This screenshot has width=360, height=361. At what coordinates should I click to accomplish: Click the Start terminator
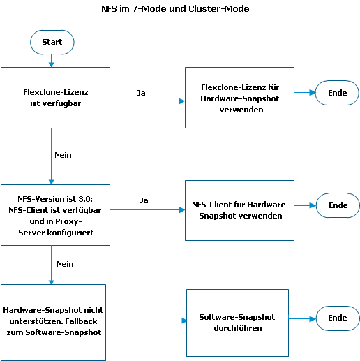52,42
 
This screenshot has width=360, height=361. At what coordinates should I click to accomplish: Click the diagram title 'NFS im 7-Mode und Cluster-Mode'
175,9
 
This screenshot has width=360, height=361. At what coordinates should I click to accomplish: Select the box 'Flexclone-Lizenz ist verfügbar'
55,98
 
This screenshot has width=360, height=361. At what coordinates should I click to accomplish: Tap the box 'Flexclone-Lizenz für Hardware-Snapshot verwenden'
239,98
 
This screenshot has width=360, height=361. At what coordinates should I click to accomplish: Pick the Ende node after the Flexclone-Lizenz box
337,93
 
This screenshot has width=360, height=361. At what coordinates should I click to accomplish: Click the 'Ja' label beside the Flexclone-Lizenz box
141,93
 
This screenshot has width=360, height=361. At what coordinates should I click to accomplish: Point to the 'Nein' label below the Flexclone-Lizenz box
63,155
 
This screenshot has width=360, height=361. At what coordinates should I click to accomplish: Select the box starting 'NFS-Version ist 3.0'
55,215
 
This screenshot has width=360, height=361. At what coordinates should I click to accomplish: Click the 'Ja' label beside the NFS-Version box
144,200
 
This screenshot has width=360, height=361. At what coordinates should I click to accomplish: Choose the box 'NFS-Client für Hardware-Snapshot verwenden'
239,210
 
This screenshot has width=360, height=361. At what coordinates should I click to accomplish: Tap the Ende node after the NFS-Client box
338,205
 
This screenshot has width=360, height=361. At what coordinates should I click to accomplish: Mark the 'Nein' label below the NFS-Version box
65,264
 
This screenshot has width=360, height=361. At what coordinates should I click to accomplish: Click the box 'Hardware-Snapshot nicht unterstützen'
53,323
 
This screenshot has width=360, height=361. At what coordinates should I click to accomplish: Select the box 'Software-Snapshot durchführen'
237,323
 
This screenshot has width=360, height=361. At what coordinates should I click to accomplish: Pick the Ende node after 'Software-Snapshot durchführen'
338,318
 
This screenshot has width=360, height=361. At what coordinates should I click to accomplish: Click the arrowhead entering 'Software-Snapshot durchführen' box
184,321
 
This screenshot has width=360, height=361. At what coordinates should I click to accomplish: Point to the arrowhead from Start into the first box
52,64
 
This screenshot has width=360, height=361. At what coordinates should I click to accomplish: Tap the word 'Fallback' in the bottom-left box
81,321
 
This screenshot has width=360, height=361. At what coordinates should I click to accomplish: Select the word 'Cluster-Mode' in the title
219,9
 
